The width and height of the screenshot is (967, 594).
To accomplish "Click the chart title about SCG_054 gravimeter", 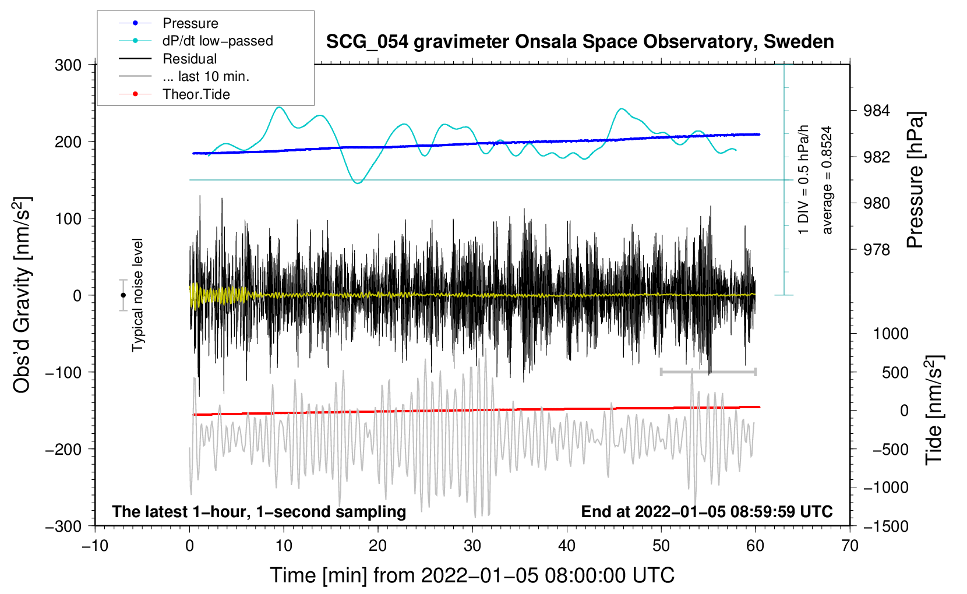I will coord(580,42).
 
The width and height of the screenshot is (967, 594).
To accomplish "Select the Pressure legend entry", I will coord(190,23).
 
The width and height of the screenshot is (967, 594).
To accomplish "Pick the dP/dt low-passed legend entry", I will coord(217,41).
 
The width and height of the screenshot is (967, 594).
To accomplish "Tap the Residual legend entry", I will coord(189,59).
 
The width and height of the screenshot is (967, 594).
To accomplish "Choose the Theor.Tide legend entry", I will coord(196,94).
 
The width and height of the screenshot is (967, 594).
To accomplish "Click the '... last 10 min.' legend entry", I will coord(206,76).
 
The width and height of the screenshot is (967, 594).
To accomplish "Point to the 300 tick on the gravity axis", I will coord(68,65).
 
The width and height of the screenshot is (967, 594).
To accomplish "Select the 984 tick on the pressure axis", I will coord(877,111).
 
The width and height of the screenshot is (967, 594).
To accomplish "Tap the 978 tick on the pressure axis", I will coord(877,250).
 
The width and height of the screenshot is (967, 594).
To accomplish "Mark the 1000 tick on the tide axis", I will coord(891,334).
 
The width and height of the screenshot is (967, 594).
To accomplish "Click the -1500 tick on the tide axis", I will coord(885,526).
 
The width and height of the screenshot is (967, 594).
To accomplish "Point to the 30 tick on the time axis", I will coord(472,546).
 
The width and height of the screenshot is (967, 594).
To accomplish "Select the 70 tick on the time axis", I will coord(850,546).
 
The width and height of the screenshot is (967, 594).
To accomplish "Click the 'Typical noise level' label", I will coord(137,295).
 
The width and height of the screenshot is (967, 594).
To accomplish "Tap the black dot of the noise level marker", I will coord(123,295).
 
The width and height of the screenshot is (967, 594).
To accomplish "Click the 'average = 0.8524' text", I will coord(827,181).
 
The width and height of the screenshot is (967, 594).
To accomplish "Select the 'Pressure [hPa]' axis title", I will coord(915,181).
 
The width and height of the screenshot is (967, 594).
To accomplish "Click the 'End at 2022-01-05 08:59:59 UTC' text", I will coord(707,511).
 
